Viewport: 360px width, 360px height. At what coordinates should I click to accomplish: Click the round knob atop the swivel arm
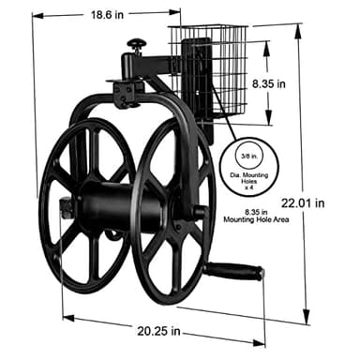[138, 44]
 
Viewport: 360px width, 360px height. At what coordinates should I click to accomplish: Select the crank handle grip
[234, 273]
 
